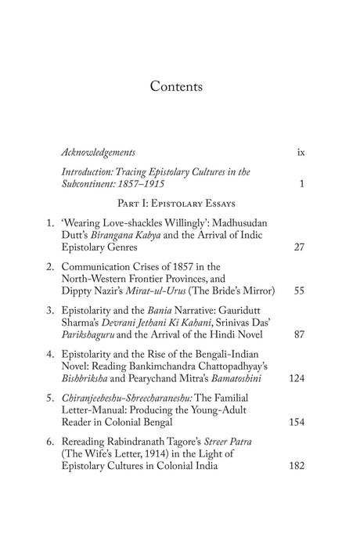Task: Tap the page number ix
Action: pos(301,151)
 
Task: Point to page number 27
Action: pos(298,248)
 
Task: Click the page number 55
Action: pos(298,290)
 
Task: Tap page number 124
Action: pos(295,379)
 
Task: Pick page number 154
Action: pos(295,421)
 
